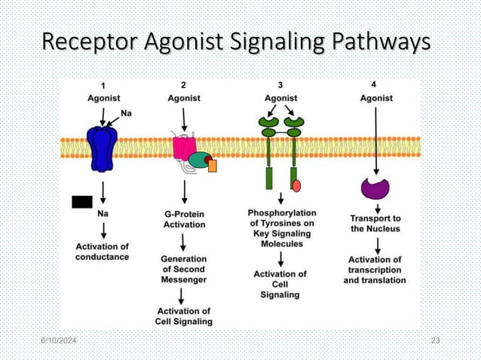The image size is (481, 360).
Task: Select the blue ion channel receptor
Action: click(x=103, y=148)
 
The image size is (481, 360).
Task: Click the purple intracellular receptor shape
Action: click(x=375, y=188)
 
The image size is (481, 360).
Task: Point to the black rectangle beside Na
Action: click(x=81, y=202)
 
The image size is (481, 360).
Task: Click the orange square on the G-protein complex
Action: click(x=212, y=165)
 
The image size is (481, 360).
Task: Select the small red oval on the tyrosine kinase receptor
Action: click(x=296, y=185)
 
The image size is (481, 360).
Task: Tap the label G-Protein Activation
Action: click(x=185, y=218)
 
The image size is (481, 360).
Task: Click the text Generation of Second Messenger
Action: click(x=184, y=269)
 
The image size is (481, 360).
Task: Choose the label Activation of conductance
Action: click(x=103, y=252)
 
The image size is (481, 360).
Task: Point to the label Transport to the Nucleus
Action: click(x=375, y=223)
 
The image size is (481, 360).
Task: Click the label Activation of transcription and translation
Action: click(x=375, y=270)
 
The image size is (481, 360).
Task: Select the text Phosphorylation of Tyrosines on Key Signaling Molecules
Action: click(x=282, y=228)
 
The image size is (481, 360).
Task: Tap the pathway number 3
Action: click(x=280, y=85)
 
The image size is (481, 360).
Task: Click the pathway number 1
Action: click(x=103, y=85)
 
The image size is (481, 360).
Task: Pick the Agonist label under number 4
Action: click(x=375, y=98)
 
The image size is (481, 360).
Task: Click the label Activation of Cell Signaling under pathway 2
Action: click(x=184, y=316)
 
